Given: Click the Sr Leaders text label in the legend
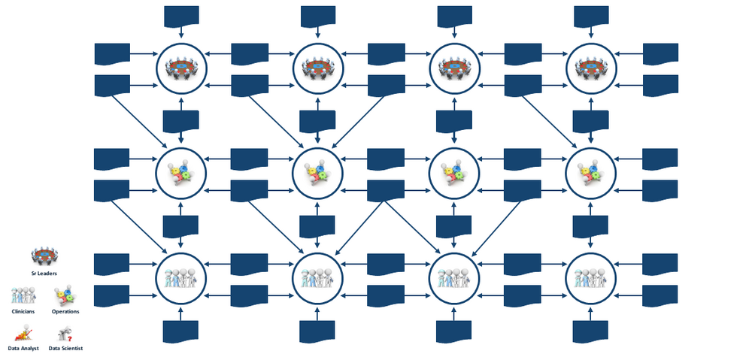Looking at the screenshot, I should (44, 274).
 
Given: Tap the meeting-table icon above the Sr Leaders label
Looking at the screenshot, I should (44, 256).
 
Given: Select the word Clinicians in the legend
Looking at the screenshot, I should (23, 311).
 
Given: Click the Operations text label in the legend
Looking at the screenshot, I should (65, 311).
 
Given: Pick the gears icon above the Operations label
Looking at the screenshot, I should (65, 295).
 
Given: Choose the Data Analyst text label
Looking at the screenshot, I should (25, 349).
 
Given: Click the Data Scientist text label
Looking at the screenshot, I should (65, 349).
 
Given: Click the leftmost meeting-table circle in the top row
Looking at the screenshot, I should (181, 68).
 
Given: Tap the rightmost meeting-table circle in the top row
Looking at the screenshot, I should (590, 68).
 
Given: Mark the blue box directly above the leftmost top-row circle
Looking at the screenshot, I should (181, 15).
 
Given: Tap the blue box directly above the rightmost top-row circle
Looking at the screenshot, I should (590, 15).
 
